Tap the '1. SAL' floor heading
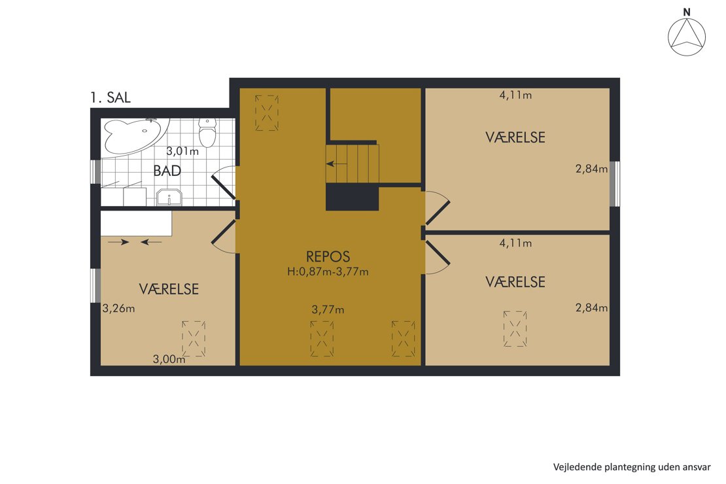pos(111,98)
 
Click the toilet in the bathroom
pos(208,133)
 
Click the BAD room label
pos(167,171)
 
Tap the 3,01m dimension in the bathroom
pos(182,151)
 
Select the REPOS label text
pos(328,256)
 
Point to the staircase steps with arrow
pos(353,164)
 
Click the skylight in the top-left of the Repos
pos(267,112)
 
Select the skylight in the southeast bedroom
pos(515,329)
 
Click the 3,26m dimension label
pos(119,309)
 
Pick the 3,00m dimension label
pos(169,358)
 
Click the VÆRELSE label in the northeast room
pos(515,137)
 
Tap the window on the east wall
pos(615,184)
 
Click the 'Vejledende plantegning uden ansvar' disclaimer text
pos(631,467)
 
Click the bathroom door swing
pos(222,184)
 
